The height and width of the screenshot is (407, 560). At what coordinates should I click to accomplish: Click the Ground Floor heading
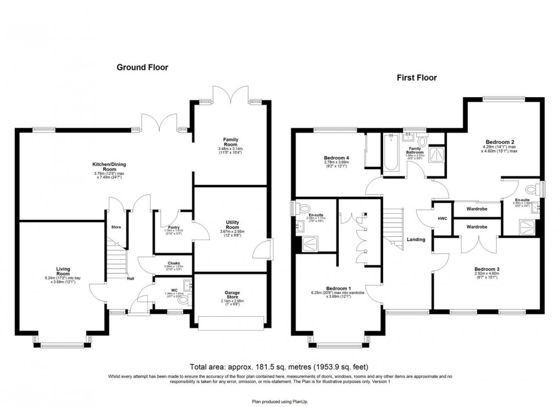142,68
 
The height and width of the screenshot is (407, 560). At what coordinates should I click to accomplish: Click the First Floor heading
417,78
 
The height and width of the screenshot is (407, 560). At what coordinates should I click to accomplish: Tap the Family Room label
231,140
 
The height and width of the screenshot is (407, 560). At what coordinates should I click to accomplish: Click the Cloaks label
173,263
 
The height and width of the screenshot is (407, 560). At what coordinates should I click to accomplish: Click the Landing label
415,239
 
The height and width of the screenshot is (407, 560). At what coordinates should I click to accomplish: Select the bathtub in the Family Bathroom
391,153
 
